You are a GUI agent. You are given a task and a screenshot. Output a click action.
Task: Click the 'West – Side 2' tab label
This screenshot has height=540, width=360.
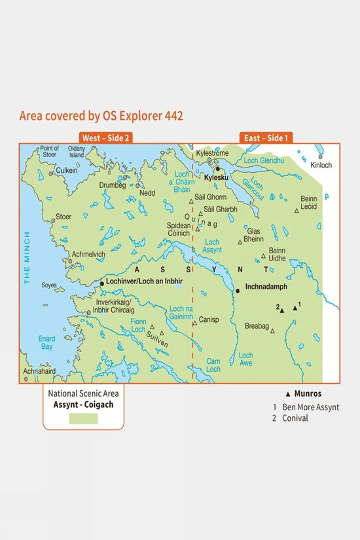pos(105,138)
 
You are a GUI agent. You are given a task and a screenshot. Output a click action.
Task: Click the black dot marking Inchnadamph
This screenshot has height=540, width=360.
pos(238,291)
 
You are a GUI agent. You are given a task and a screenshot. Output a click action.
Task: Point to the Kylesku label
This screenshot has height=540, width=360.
pos(216,177)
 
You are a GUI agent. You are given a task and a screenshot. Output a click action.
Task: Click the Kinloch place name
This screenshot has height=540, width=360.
pos(321,165)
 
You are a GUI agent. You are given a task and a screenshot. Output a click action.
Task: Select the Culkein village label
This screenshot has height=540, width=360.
pos(67,170)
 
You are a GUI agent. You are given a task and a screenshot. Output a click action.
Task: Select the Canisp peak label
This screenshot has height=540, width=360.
pos(207,320)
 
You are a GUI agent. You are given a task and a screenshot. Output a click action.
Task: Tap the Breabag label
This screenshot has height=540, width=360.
pos(257,326)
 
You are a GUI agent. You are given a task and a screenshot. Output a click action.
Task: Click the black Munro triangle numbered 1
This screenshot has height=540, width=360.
pos(295,308)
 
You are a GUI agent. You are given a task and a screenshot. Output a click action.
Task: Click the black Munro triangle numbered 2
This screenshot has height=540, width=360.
pos(282,310)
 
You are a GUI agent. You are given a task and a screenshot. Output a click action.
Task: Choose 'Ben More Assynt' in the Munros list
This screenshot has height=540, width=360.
pos(310,406)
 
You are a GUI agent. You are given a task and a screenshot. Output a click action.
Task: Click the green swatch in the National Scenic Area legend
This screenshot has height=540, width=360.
pos(84,419)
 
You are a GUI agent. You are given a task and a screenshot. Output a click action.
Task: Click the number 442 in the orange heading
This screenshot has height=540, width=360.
pos(171,116)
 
